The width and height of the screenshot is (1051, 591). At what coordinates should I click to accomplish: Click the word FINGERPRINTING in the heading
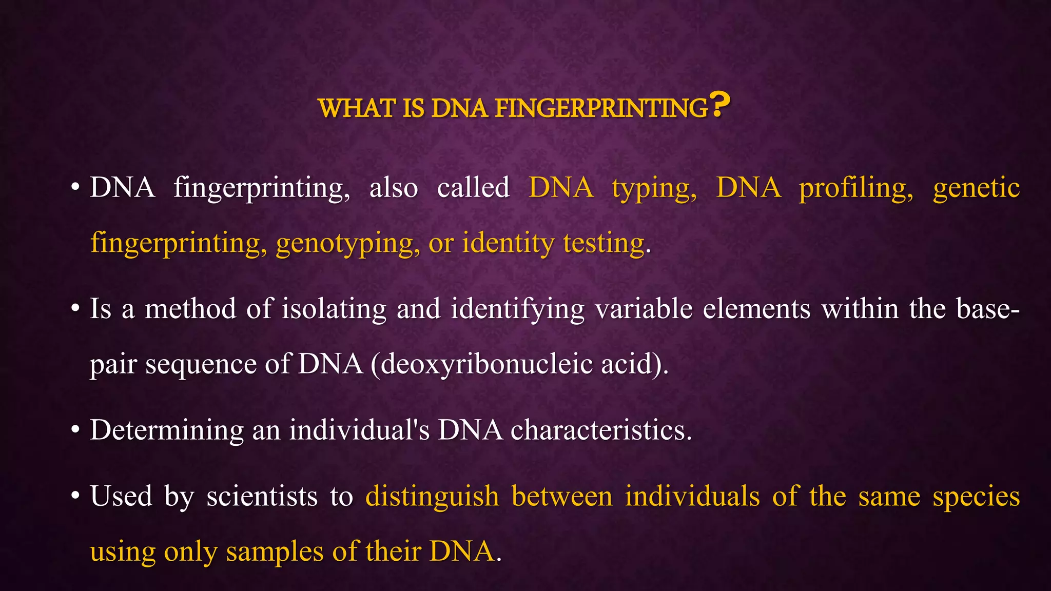[601, 109]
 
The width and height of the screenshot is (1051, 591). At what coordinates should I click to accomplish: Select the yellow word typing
[654, 188]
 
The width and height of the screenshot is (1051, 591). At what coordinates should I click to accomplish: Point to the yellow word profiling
[856, 188]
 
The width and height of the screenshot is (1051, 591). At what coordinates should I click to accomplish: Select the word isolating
[334, 309]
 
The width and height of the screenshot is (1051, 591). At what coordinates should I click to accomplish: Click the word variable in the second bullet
[644, 309]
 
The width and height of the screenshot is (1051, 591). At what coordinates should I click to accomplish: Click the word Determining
[166, 430]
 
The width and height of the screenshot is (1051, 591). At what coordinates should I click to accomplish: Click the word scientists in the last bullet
[262, 497]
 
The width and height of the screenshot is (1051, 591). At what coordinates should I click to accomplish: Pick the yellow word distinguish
[432, 497]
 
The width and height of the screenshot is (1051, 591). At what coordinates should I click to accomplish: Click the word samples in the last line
[275, 553]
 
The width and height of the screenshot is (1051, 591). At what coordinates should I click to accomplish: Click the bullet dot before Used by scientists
[75, 497]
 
